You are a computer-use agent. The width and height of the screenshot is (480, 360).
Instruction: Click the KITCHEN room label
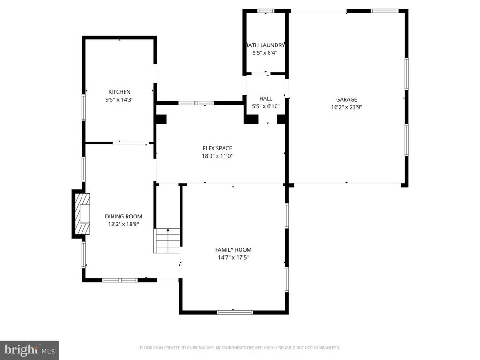(120, 92)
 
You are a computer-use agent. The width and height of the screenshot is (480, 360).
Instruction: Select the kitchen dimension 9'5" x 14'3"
(120, 99)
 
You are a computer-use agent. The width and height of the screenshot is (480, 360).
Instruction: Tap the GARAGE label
(346, 99)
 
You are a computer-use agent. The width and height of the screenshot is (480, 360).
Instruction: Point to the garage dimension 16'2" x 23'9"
(346, 107)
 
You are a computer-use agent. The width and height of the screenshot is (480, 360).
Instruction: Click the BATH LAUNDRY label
(265, 45)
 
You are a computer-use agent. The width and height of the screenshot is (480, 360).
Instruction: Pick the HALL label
(266, 98)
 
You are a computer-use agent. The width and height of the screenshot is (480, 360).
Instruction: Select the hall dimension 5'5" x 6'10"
(266, 106)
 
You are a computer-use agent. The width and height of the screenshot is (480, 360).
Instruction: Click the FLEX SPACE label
(217, 148)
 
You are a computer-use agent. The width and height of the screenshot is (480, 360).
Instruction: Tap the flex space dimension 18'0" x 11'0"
(217, 156)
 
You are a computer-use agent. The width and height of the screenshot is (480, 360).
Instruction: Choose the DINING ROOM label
(123, 216)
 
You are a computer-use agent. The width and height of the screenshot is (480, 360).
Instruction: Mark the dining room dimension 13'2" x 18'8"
(123, 224)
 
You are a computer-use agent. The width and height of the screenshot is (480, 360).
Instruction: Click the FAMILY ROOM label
(233, 250)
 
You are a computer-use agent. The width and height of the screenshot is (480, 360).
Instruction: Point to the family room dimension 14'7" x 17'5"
(233, 257)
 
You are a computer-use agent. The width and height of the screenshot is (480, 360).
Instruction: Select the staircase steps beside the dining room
(167, 240)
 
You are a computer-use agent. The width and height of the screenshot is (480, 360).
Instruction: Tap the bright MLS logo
(29, 350)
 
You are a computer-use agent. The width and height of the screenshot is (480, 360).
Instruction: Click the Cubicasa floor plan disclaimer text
(240, 348)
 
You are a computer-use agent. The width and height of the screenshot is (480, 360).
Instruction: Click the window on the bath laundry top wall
(266, 11)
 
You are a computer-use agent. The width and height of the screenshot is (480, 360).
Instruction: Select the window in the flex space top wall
(196, 103)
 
